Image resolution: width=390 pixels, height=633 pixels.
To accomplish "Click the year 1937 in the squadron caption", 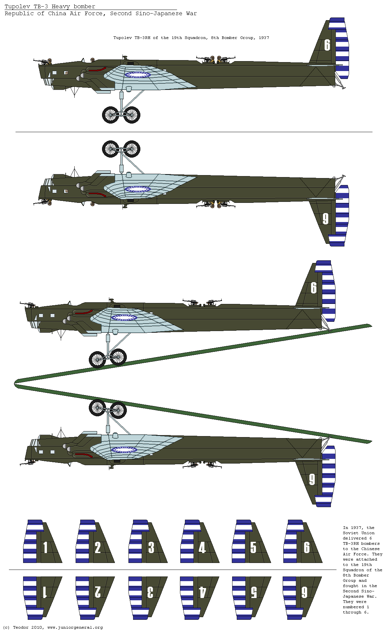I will tap(264, 38).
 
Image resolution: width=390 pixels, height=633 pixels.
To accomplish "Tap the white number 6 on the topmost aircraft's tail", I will tap(327, 45).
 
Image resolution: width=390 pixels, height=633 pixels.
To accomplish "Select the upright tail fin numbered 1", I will tap(42, 542).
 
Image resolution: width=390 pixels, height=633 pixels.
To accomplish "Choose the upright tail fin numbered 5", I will tap(251, 542).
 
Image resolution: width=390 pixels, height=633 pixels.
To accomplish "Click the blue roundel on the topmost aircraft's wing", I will tap(138, 75).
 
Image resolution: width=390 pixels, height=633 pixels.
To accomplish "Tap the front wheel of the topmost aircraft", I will tap(111, 115).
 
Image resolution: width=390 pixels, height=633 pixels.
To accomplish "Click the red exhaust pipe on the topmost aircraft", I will tap(97, 70).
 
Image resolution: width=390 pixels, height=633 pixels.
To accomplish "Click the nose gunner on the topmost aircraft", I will tap(50, 61).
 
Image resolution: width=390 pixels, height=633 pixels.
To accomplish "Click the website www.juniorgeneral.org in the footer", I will tap(75, 627).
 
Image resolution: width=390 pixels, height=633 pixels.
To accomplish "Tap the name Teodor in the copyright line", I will tap(20, 627).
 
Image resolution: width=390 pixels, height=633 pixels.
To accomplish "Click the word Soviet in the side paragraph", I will tap(350, 533).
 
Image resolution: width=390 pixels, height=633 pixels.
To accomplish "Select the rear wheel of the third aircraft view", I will tap(118, 357).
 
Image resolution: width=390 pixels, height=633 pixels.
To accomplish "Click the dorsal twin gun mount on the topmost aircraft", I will tap(216, 59).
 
